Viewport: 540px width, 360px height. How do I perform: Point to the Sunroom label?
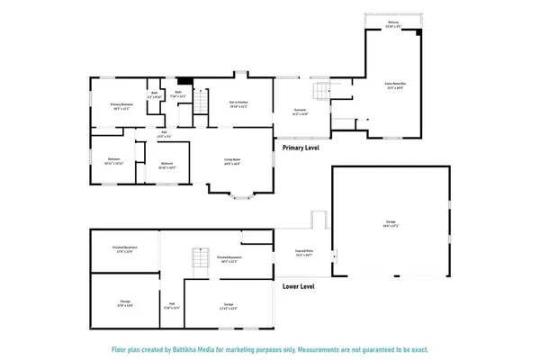pyautogui.click(x=301, y=112)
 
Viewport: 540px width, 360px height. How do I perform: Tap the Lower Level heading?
pyautogui.click(x=299, y=286)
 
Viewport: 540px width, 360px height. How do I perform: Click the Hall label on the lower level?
pyautogui.click(x=170, y=305)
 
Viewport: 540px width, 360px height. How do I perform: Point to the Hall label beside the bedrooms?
pyautogui.click(x=166, y=135)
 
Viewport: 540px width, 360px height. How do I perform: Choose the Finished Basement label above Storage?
pyautogui.click(x=125, y=251)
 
